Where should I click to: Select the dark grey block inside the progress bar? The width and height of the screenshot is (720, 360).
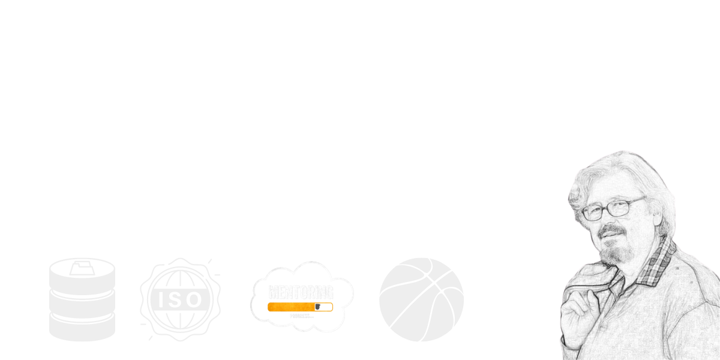323,307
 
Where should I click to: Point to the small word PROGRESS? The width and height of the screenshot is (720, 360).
300,315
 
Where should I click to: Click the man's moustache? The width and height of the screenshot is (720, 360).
611,232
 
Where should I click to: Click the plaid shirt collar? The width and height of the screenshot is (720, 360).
654,264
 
